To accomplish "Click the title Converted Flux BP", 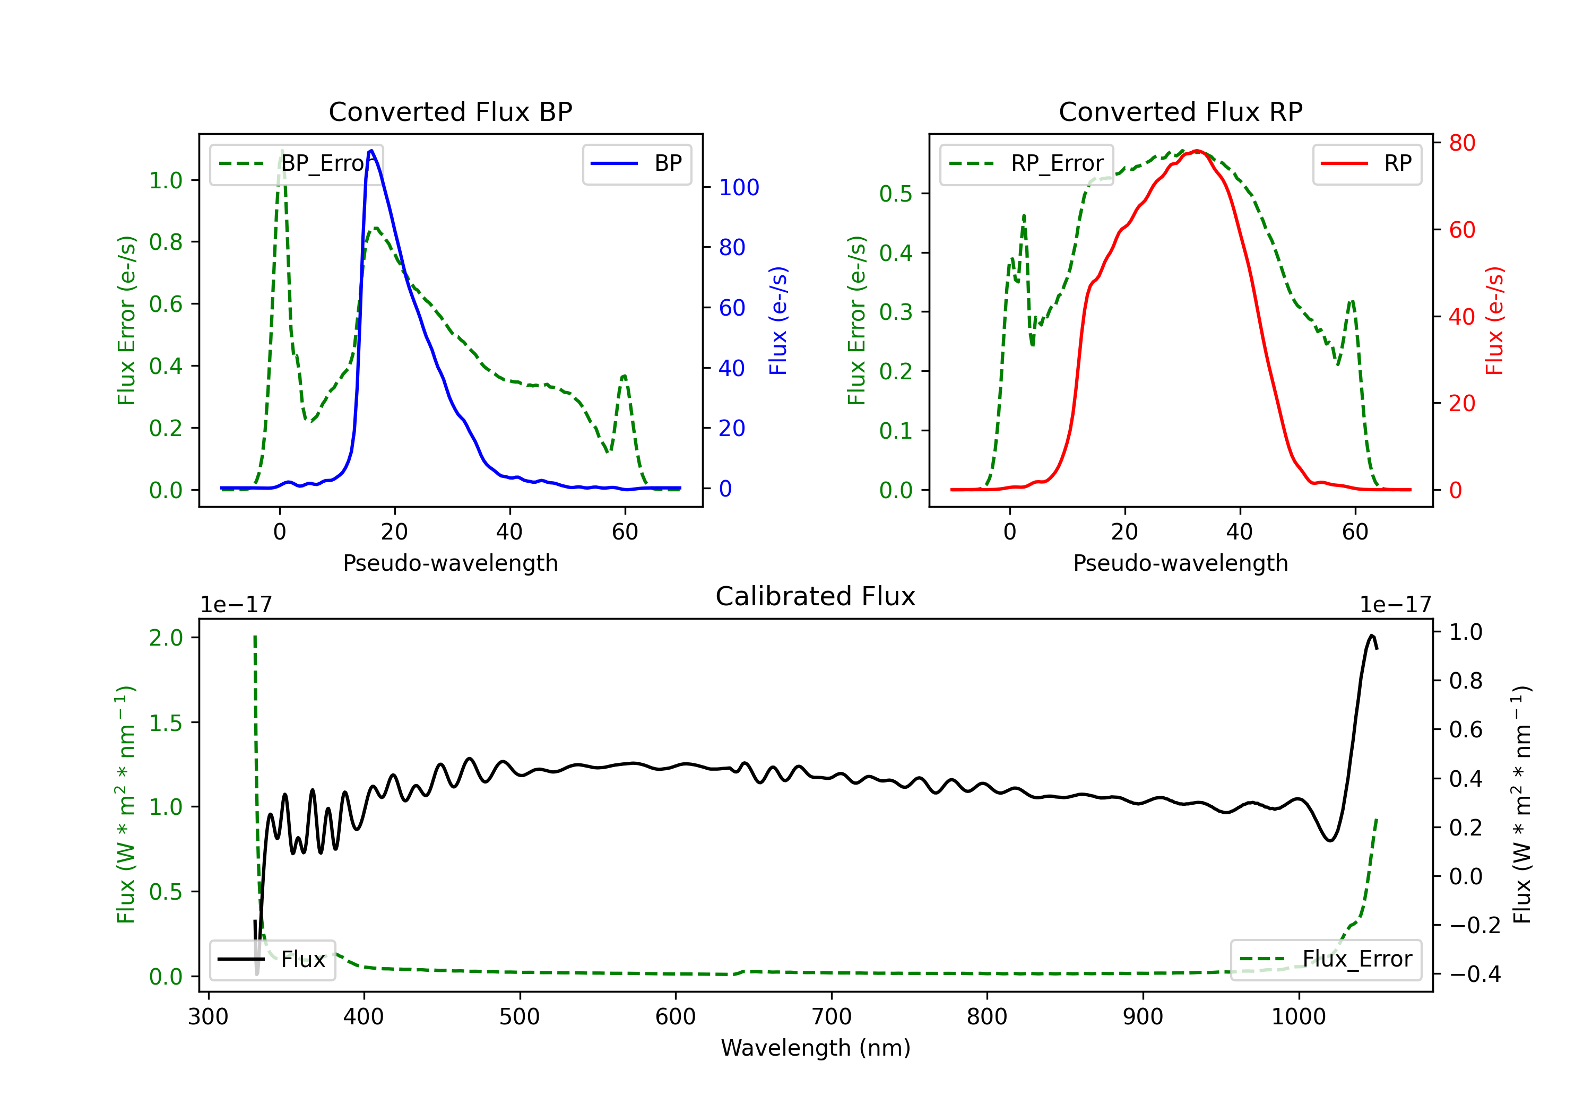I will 450,111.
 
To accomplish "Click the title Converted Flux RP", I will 1180,111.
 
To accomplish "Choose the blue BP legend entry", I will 636,163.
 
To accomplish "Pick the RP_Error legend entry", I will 1026,163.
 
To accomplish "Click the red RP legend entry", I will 1366,163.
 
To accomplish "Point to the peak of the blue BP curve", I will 371,151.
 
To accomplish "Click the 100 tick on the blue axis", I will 739,187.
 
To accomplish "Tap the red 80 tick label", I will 1461,143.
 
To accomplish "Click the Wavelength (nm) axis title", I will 816,1048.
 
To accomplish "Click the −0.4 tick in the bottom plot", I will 1474,974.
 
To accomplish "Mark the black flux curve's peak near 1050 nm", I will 1371,636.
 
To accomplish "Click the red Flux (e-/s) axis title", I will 1494,320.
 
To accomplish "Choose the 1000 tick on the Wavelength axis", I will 1298,1017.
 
